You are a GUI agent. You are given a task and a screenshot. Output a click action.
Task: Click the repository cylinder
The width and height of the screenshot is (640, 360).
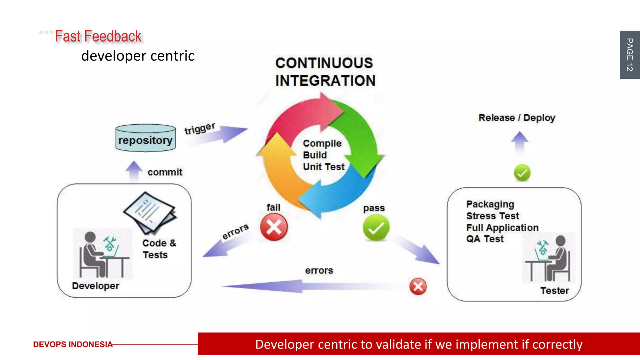tap(146, 138)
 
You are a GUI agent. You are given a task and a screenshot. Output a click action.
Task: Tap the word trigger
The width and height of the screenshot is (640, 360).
tap(199, 128)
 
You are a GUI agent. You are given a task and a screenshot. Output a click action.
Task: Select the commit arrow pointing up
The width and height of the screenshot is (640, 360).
tap(134, 171)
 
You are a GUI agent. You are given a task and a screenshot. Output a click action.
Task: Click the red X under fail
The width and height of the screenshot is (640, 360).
tap(274, 227)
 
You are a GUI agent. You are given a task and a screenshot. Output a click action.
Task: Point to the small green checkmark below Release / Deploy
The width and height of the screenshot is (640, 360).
tap(522, 173)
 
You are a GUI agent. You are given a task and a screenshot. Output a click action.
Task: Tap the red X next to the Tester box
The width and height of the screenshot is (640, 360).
tap(418, 286)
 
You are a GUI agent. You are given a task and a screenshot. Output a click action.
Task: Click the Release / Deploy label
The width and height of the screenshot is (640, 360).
tap(517, 118)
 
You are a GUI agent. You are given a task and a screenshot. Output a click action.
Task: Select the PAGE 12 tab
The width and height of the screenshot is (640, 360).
tap(629, 55)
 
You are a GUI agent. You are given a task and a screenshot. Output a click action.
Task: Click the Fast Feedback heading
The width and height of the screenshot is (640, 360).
tap(98, 36)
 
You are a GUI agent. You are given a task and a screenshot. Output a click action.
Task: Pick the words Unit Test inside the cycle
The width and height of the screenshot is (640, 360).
tap(324, 167)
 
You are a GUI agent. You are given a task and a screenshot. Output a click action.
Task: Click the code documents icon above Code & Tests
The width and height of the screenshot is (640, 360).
tap(150, 213)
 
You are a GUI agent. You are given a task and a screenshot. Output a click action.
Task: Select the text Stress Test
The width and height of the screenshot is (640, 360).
tap(492, 216)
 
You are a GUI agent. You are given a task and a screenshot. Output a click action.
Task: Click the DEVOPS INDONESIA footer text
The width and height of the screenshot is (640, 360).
tap(72, 344)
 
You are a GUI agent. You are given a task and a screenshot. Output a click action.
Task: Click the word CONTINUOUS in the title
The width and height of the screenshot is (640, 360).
tap(324, 63)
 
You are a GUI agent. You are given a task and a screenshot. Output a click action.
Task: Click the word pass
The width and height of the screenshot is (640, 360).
tap(374, 208)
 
